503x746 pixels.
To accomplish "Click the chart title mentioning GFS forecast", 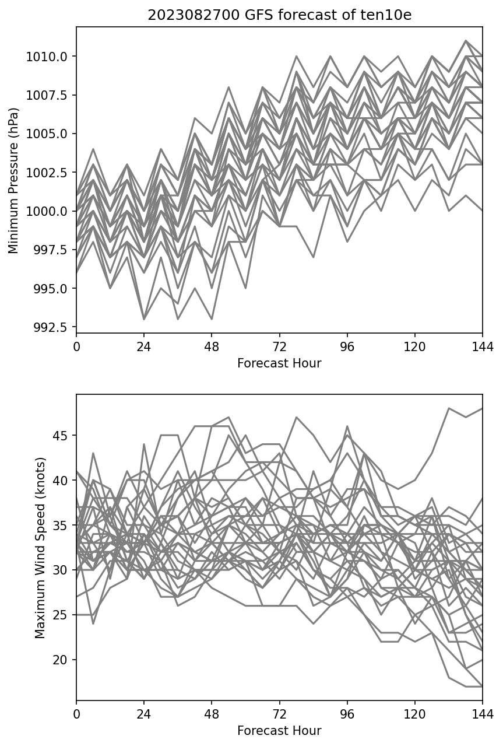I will click(279, 15).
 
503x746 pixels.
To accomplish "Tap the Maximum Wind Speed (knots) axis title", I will click(40, 548).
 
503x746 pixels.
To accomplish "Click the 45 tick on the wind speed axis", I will click(62, 436).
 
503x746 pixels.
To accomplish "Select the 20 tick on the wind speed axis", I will click(62, 660).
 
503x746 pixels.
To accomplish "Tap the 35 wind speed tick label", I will click(62, 526).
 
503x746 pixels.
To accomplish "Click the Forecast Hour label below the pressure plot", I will click(279, 363).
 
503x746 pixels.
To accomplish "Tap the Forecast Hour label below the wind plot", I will click(279, 731).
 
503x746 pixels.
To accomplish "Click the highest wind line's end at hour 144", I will click(482, 408).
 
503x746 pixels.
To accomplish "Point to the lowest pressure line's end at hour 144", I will click(482, 211).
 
